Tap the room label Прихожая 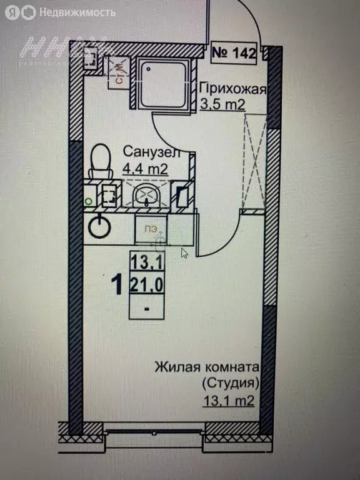[x=232, y=89]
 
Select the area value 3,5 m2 [x=222, y=104]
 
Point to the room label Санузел [x=151, y=152]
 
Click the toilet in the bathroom [x=98, y=161]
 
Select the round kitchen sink [x=98, y=226]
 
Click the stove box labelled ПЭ [x=152, y=230]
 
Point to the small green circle [x=88, y=201]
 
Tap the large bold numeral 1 [x=116, y=286]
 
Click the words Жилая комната [x=206, y=367]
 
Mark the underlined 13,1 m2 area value [x=227, y=401]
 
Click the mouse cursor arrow [x=184, y=252]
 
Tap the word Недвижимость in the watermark [x=77, y=12]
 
